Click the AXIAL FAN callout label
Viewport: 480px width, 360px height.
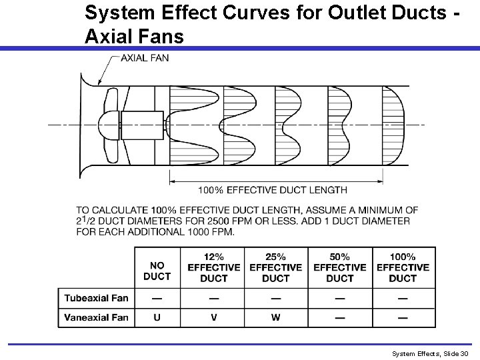point(145,57)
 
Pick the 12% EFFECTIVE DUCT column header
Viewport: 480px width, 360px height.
point(213,267)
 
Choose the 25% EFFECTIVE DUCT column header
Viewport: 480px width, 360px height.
point(276,267)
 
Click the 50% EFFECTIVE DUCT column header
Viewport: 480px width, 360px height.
point(339,267)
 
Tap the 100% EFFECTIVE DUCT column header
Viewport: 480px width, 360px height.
point(403,267)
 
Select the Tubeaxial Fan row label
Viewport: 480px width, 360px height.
point(97,297)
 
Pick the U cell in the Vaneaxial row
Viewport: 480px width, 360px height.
point(157,317)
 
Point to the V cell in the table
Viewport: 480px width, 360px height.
point(213,317)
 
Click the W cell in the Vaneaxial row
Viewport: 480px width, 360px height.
point(275,317)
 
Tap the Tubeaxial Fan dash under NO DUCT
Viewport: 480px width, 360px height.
point(157,297)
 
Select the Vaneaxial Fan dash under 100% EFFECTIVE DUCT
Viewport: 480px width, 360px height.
point(403,317)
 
